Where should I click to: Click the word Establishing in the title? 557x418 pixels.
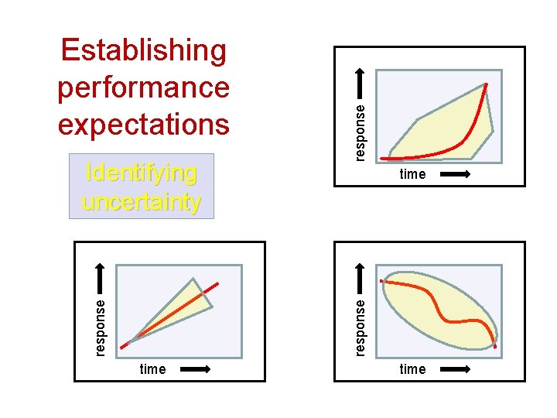pyautogui.click(x=144, y=50)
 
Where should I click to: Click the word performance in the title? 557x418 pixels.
pyautogui.click(x=144, y=87)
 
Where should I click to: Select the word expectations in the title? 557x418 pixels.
pyautogui.click(x=144, y=124)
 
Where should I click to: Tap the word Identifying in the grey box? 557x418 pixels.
pyautogui.click(x=141, y=172)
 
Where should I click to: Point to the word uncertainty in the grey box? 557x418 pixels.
pyautogui.click(x=141, y=202)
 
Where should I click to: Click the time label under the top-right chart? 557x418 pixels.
pyautogui.click(x=412, y=174)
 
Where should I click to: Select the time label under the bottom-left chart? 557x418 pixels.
pyautogui.click(x=152, y=369)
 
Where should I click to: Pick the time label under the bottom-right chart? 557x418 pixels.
pyautogui.click(x=412, y=369)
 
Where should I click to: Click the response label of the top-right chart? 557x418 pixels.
pyautogui.click(x=361, y=132)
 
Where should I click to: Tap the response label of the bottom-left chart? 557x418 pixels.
pyautogui.click(x=101, y=326)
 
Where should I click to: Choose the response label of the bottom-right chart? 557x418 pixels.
pyautogui.click(x=361, y=326)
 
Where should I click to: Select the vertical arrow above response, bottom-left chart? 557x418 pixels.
pyautogui.click(x=101, y=278)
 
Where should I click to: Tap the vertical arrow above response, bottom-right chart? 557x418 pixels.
pyautogui.click(x=361, y=278)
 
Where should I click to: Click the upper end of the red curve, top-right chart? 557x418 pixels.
pyautogui.click(x=487, y=84)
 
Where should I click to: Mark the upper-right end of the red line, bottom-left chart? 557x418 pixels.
pyautogui.click(x=217, y=283)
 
